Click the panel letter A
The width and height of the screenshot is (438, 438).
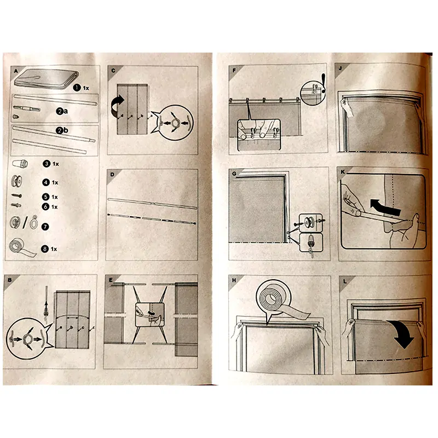point(16,71)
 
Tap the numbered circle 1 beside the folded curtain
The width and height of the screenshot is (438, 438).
point(77,88)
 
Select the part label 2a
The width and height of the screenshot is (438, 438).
point(62,111)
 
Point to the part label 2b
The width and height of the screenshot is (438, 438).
point(62,130)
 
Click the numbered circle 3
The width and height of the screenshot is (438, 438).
point(47,164)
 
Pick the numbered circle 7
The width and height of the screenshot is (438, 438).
point(45,227)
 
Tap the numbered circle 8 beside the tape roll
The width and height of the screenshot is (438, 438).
point(45,249)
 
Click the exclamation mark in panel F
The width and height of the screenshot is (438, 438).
point(324,83)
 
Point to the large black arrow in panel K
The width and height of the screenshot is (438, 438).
point(385,208)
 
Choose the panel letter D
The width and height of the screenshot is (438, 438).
point(112,175)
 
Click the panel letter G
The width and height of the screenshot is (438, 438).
point(234,174)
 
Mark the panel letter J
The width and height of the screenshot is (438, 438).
point(340,68)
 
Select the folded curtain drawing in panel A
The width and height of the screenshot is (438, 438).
point(46,79)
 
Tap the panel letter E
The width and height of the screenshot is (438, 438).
point(111,280)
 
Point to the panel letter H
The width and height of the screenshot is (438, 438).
point(234,280)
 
